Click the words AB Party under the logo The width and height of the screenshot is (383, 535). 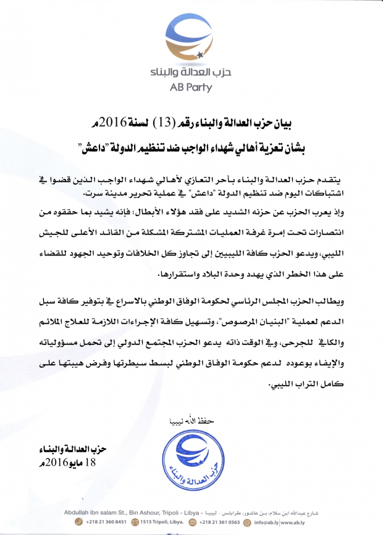pos(191,87)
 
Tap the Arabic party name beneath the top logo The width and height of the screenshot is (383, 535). pos(191,73)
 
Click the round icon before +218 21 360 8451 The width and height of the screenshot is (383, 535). pos(78,521)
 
